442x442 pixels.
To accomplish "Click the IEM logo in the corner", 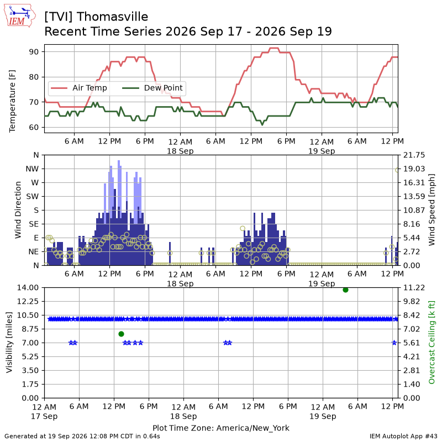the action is pyautogui.click(x=20, y=15).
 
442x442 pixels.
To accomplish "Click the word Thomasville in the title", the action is pyautogui.click(x=112, y=17).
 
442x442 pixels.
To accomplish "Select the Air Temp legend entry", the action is pyautogui.click(x=79, y=88).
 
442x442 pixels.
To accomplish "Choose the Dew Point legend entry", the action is pyautogui.click(x=152, y=88).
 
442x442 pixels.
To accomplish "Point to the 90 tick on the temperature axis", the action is pyautogui.click(x=34, y=52).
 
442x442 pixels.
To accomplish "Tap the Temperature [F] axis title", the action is pyautogui.click(x=12, y=101).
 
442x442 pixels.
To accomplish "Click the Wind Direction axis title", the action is pyautogui.click(x=18, y=210).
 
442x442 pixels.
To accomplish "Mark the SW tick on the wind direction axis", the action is pyautogui.click(x=33, y=197).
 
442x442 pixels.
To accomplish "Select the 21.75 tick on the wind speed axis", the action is pyautogui.click(x=414, y=155).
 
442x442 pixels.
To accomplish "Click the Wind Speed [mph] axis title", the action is pyautogui.click(x=432, y=210).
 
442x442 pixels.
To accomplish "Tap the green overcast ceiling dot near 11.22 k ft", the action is pyautogui.click(x=346, y=290).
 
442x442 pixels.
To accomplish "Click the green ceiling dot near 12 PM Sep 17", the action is pyautogui.click(x=121, y=334).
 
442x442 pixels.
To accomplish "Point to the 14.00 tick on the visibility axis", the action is pyautogui.click(x=28, y=288).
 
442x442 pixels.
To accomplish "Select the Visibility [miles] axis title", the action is pyautogui.click(x=9, y=343).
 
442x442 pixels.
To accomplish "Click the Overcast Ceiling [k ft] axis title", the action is pyautogui.click(x=432, y=343).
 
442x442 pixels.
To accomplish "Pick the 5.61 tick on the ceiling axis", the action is pyautogui.click(x=412, y=343).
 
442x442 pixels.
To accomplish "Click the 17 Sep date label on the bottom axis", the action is pyautogui.click(x=44, y=417).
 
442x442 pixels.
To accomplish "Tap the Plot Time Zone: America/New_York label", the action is pyautogui.click(x=220, y=428).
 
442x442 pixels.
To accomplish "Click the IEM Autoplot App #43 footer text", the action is pyautogui.click(x=403, y=436).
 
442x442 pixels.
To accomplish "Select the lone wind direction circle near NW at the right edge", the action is pyautogui.click(x=397, y=170).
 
